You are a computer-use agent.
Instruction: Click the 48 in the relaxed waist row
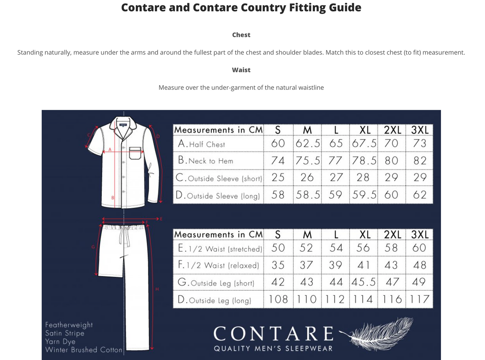pos(420,265)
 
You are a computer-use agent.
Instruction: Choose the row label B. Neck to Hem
pos(206,161)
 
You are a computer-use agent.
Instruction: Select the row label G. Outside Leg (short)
pos(216,283)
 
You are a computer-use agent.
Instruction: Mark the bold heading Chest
pos(241,35)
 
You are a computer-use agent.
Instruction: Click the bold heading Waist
pos(241,70)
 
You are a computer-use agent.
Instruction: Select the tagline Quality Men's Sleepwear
pos(273,349)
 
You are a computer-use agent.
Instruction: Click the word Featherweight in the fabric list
pos(69,325)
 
